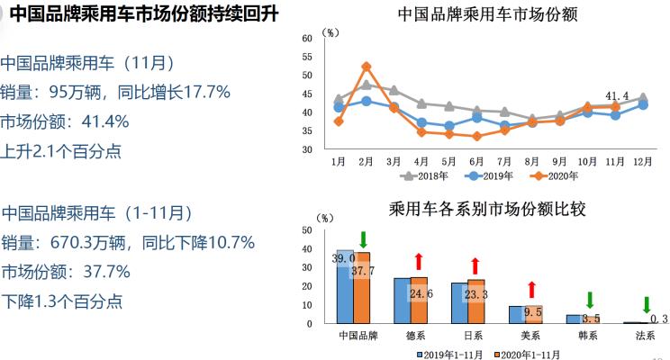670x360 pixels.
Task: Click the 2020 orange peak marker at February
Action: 367,67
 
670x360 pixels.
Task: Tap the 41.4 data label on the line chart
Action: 617,95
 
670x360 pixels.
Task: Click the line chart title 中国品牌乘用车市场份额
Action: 486,14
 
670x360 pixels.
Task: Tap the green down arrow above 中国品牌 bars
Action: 362,239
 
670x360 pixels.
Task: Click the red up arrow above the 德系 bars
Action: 419,262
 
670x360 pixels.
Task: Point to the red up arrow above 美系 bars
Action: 532,289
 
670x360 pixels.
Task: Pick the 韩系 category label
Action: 589,336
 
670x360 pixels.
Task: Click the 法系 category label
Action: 646,336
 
